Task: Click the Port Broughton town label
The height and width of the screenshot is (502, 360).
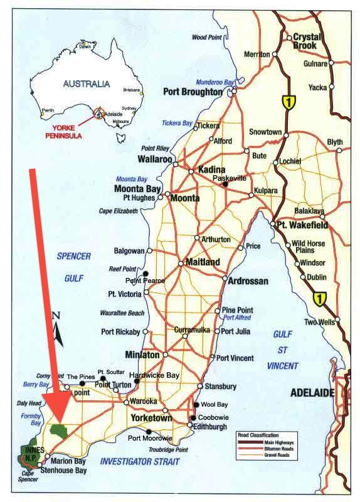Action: (193, 92)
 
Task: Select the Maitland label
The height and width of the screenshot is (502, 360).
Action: (203, 263)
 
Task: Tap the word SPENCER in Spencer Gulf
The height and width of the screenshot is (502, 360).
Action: (74, 256)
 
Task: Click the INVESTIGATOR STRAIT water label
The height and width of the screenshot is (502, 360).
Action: (139, 462)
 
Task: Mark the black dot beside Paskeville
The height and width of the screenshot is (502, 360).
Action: (225, 184)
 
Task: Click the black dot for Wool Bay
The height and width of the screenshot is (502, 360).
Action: (196, 405)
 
